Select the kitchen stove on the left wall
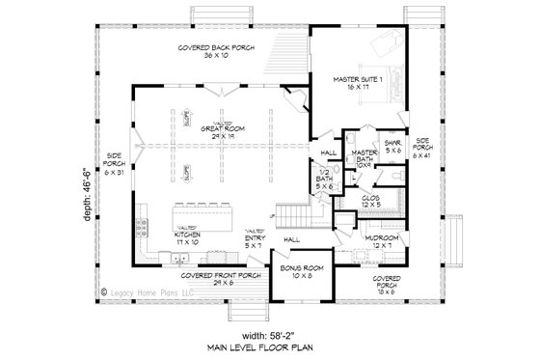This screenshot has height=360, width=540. point(144,227)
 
